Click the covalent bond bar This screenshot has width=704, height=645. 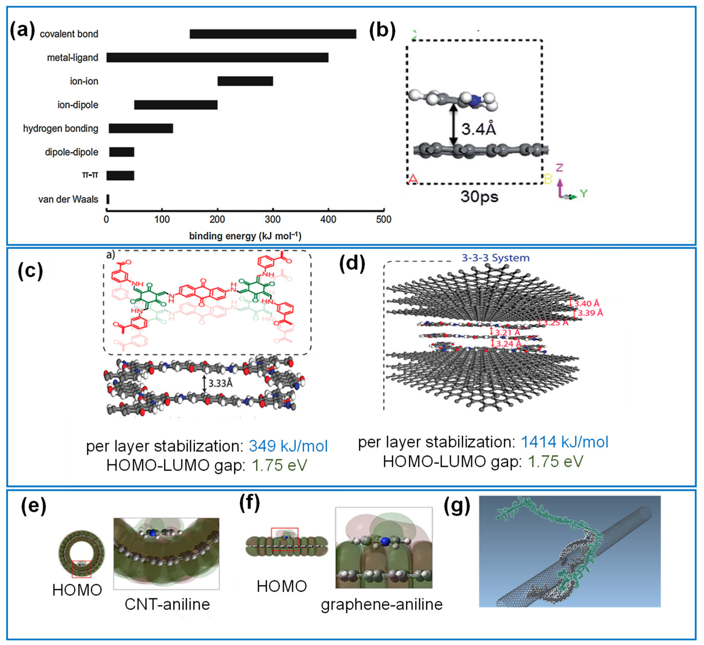tap(273, 34)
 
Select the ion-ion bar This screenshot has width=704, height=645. tap(245, 81)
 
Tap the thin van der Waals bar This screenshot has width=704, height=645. tap(108, 199)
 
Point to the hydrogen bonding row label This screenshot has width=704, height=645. tap(61, 129)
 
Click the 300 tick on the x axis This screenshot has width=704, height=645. tap(273, 219)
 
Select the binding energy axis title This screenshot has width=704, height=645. tap(245, 236)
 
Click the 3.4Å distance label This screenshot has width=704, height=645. tap(478, 129)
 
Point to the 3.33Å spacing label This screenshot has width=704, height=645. tap(220, 383)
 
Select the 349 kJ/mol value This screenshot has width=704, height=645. tap(288, 446)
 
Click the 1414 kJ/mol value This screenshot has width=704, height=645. tap(564, 442)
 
